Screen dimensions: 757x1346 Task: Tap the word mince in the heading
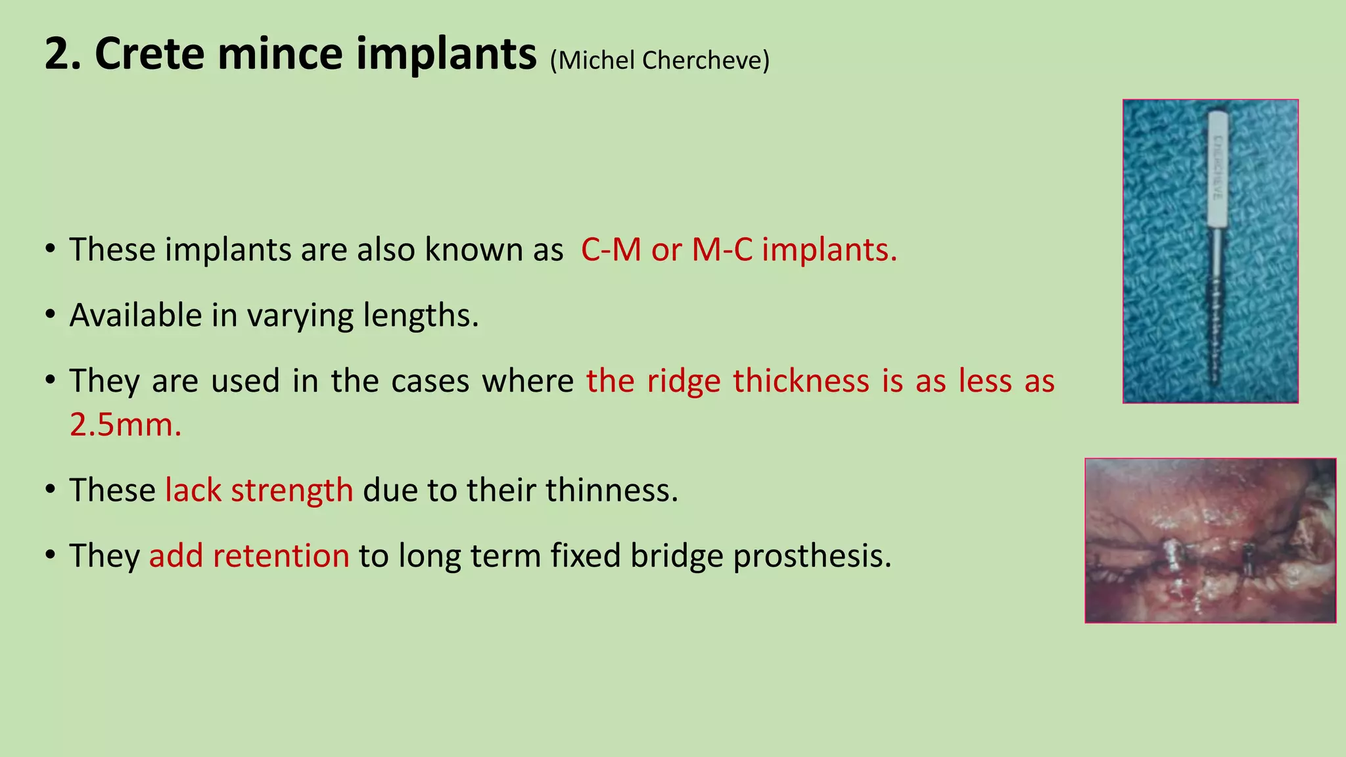tap(280, 54)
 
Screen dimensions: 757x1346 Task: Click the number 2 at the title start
tap(55, 54)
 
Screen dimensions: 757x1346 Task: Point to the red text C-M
tap(611, 250)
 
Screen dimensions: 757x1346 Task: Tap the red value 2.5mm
tap(126, 425)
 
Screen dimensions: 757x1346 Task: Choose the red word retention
tap(281, 556)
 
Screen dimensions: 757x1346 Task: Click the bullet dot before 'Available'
tap(50, 315)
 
